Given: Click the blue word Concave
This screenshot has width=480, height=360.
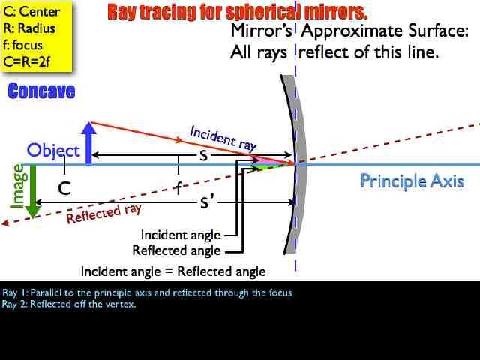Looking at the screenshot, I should click(42, 91).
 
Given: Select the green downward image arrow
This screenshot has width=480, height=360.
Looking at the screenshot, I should click(31, 192).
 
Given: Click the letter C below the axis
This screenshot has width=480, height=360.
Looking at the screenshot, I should click(65, 188).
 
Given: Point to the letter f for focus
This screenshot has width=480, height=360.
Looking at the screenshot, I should click(178, 187).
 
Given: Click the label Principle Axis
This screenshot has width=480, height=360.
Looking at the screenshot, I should click(412, 181).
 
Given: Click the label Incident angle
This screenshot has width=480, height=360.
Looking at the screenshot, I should click(181, 235).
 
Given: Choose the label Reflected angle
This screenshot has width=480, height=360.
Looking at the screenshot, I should click(176, 250).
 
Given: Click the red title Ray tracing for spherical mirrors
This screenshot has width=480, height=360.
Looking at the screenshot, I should click(238, 12).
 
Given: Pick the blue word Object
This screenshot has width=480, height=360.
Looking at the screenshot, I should click(53, 150).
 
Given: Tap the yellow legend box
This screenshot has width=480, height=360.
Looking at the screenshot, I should click(37, 35).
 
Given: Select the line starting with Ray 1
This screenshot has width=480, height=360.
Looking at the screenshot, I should click(147, 292).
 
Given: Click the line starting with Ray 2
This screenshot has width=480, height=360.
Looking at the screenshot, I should click(69, 304).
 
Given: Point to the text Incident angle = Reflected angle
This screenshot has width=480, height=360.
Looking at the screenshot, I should click(173, 271).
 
